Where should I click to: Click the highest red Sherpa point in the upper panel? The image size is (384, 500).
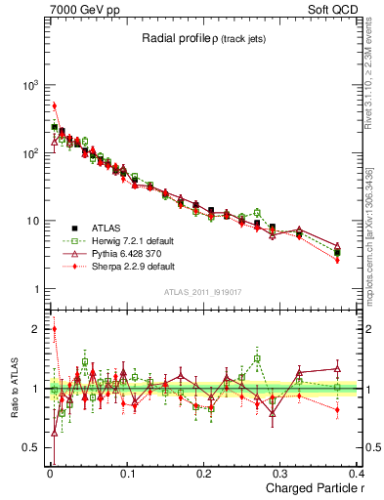[55, 105]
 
